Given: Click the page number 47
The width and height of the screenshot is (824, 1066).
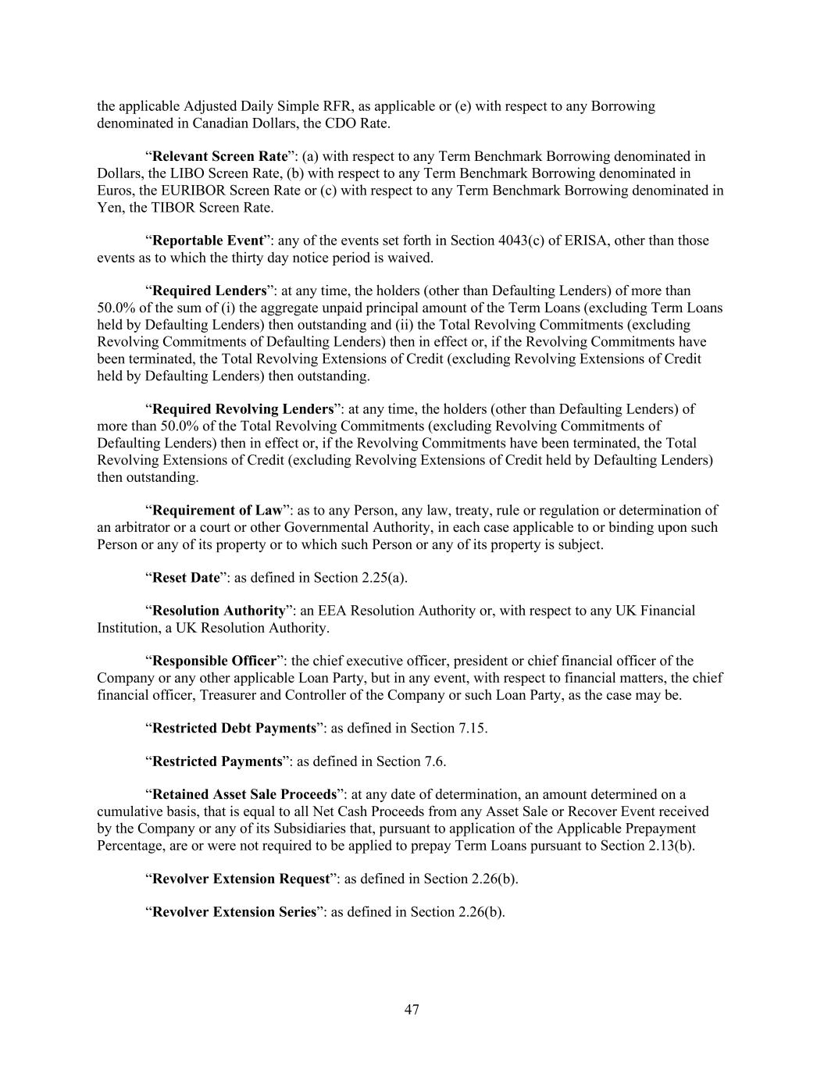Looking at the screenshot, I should pos(412,1010).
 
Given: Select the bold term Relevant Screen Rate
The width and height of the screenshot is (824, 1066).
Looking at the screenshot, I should pos(219,156).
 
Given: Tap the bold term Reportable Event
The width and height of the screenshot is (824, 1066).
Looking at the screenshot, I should pos(207,241).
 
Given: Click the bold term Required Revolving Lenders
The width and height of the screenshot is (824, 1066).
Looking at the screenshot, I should pos(243,409).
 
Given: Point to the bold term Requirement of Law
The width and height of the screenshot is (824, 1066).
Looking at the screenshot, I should pos(217,511).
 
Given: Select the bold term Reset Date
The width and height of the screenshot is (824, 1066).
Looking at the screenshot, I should pos(186,578).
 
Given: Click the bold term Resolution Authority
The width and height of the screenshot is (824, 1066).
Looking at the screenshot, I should pos(219,611).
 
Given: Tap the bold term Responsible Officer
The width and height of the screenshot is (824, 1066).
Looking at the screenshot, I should pos(214,661).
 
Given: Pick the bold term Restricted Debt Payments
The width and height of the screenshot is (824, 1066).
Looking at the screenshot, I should pos(234,728).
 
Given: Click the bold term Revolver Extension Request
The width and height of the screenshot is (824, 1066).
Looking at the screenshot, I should pos(241,879).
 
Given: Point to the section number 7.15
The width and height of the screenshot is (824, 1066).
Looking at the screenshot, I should pos(471,728).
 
